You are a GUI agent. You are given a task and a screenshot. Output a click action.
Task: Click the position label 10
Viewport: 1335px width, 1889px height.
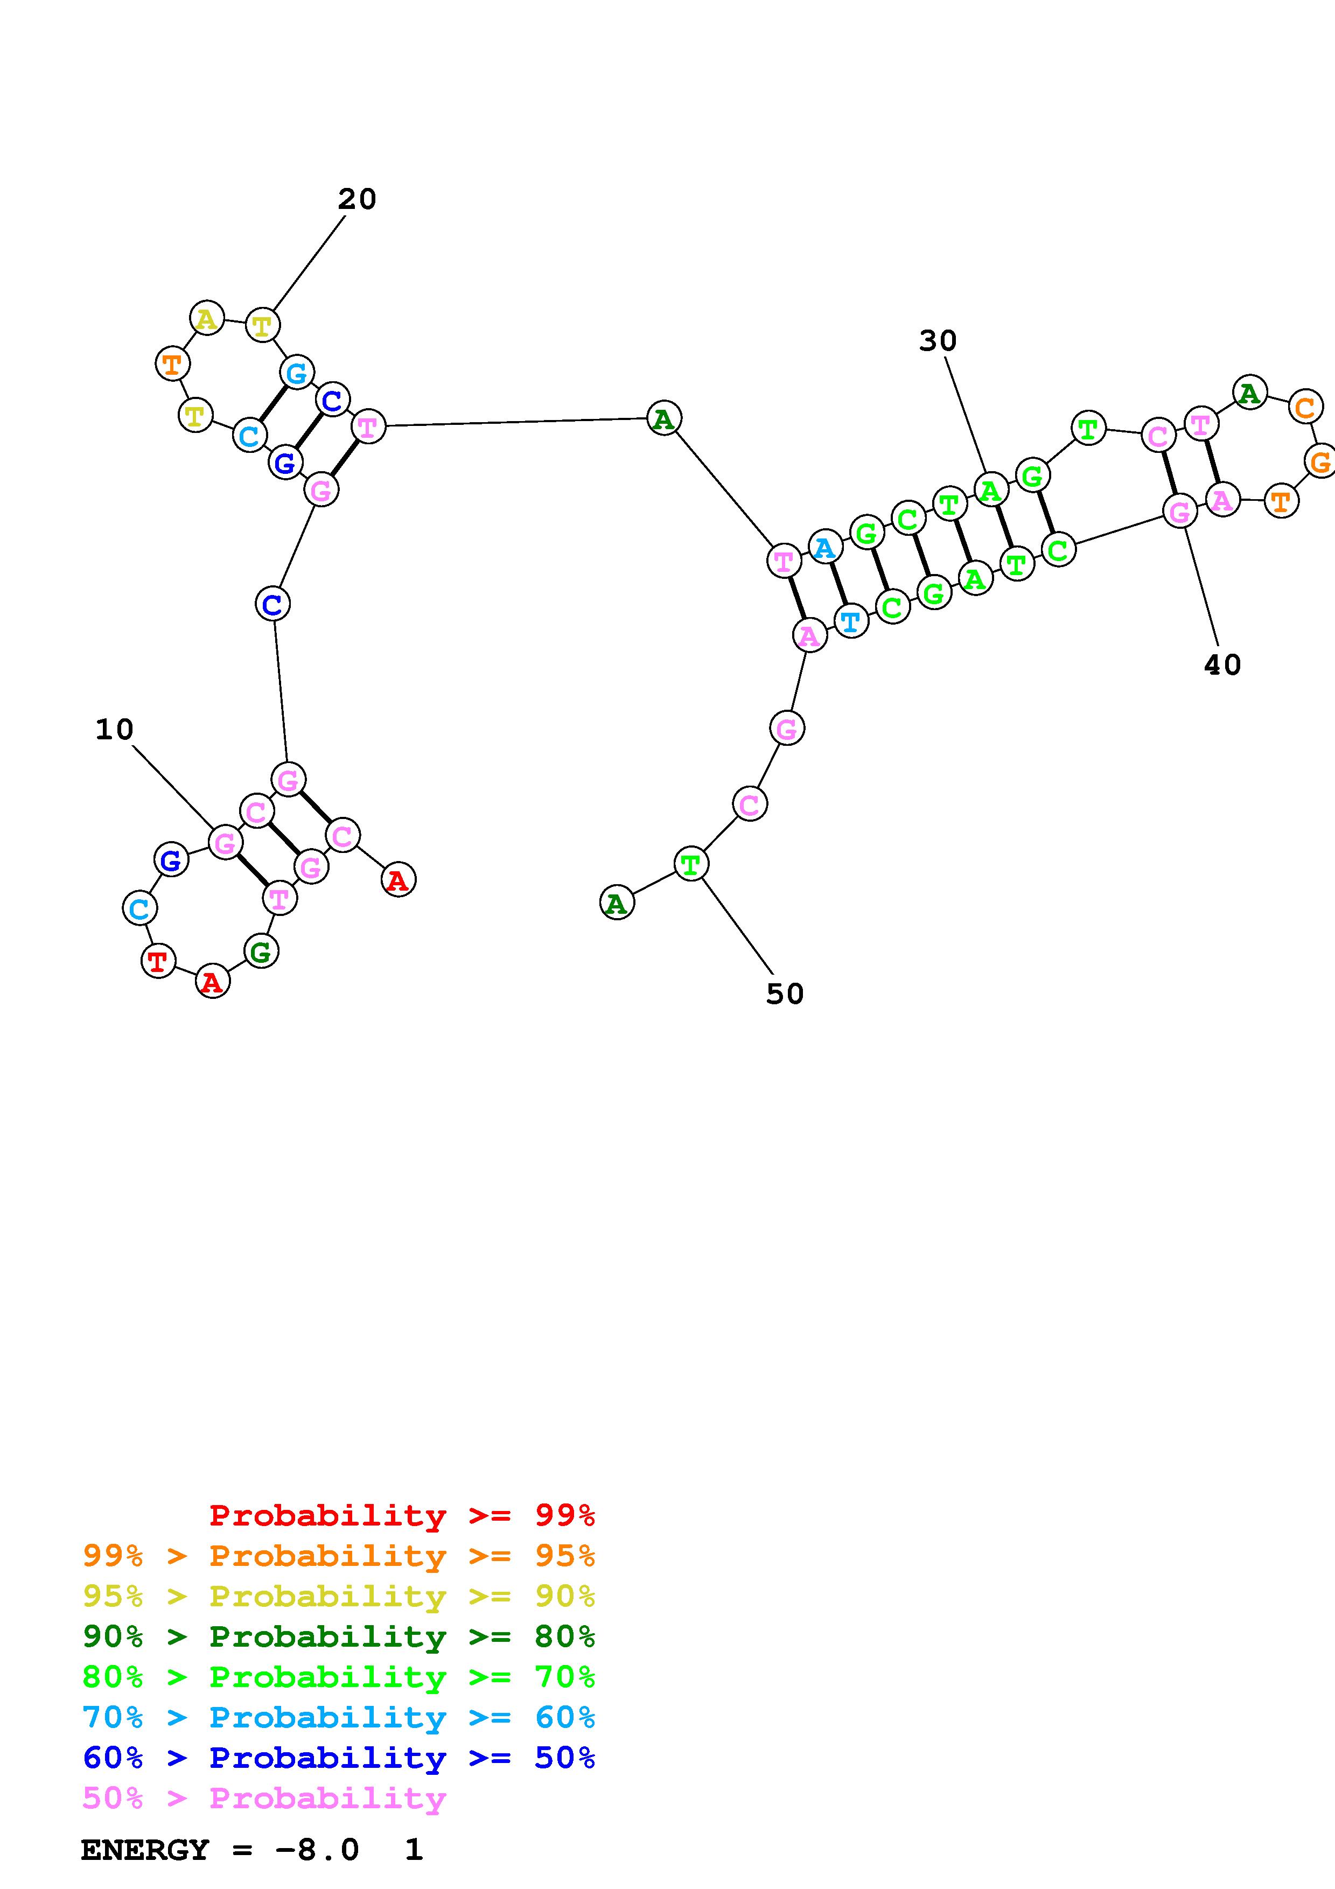coord(114,730)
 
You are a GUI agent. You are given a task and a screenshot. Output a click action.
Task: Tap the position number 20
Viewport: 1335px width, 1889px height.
coord(357,199)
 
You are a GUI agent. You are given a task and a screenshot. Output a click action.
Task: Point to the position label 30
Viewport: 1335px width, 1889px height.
coord(938,341)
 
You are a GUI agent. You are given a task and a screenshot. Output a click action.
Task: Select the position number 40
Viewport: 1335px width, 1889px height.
coord(1222,665)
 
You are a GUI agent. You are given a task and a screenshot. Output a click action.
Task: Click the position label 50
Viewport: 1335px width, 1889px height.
coord(785,994)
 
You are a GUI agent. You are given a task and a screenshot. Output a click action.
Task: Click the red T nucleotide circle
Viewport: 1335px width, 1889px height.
coord(158,960)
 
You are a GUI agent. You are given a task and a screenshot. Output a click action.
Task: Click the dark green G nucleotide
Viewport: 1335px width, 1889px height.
coord(261,952)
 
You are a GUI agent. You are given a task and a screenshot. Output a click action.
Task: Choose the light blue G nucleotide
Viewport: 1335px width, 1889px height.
coord(296,373)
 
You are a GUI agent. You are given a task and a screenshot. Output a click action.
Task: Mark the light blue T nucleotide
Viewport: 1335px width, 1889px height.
coord(850,620)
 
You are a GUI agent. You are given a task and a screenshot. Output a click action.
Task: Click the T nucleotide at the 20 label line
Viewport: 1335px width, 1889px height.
coord(262,326)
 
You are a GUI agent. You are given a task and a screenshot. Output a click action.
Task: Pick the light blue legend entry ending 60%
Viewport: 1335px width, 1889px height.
coord(339,1718)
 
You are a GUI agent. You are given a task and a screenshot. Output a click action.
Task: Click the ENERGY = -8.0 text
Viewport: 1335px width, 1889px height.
coord(220,1850)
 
